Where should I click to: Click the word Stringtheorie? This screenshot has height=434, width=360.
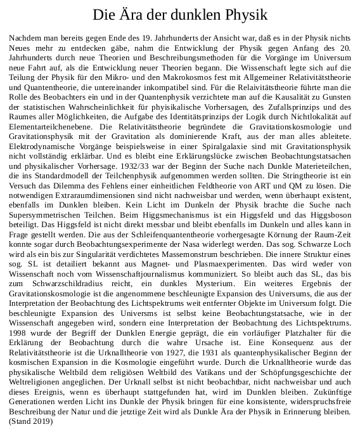pyautogui.click(x=290, y=175)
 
